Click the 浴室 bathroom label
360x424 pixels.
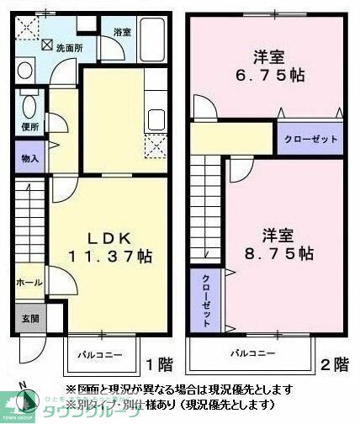(x=123, y=32)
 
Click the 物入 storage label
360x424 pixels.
(x=29, y=157)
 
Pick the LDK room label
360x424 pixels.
(x=104, y=236)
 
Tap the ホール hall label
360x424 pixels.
(x=29, y=284)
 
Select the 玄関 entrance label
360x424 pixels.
(x=29, y=318)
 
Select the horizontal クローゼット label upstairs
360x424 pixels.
(x=310, y=139)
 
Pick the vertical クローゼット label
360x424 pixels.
(x=205, y=300)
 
